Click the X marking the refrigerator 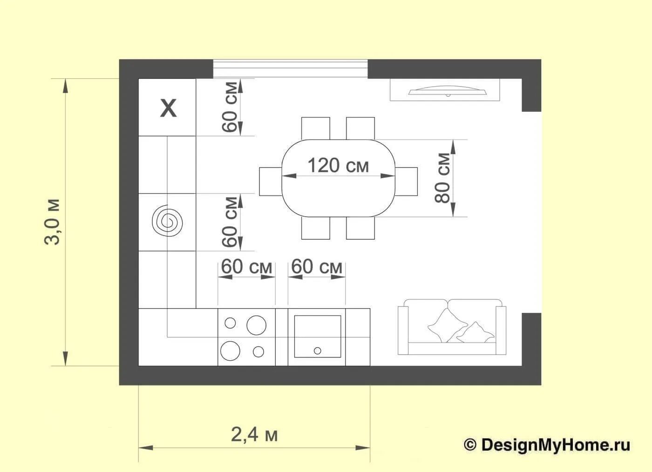[x=168, y=108]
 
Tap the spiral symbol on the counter [x=167, y=223]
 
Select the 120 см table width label [x=338, y=165]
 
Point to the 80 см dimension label [x=442, y=178]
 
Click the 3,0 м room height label [x=52, y=222]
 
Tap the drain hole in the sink [x=318, y=351]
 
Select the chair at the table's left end [x=271, y=182]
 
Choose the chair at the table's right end [x=406, y=182]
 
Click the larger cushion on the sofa [x=446, y=325]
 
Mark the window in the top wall [x=290, y=69]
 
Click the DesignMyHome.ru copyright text [x=547, y=445]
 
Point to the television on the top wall [x=448, y=90]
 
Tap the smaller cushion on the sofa [x=475, y=332]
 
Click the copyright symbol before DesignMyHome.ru [x=470, y=445]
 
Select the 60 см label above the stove [x=246, y=267]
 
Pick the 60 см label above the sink [x=317, y=267]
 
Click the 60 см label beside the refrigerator [x=230, y=107]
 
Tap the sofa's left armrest [x=403, y=330]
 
